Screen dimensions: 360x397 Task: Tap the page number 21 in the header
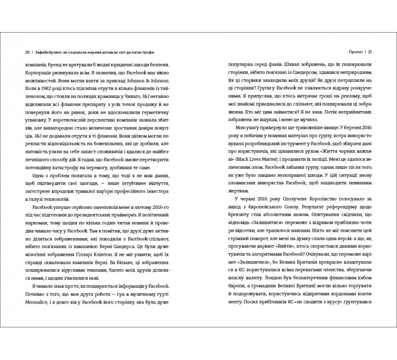370,52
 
